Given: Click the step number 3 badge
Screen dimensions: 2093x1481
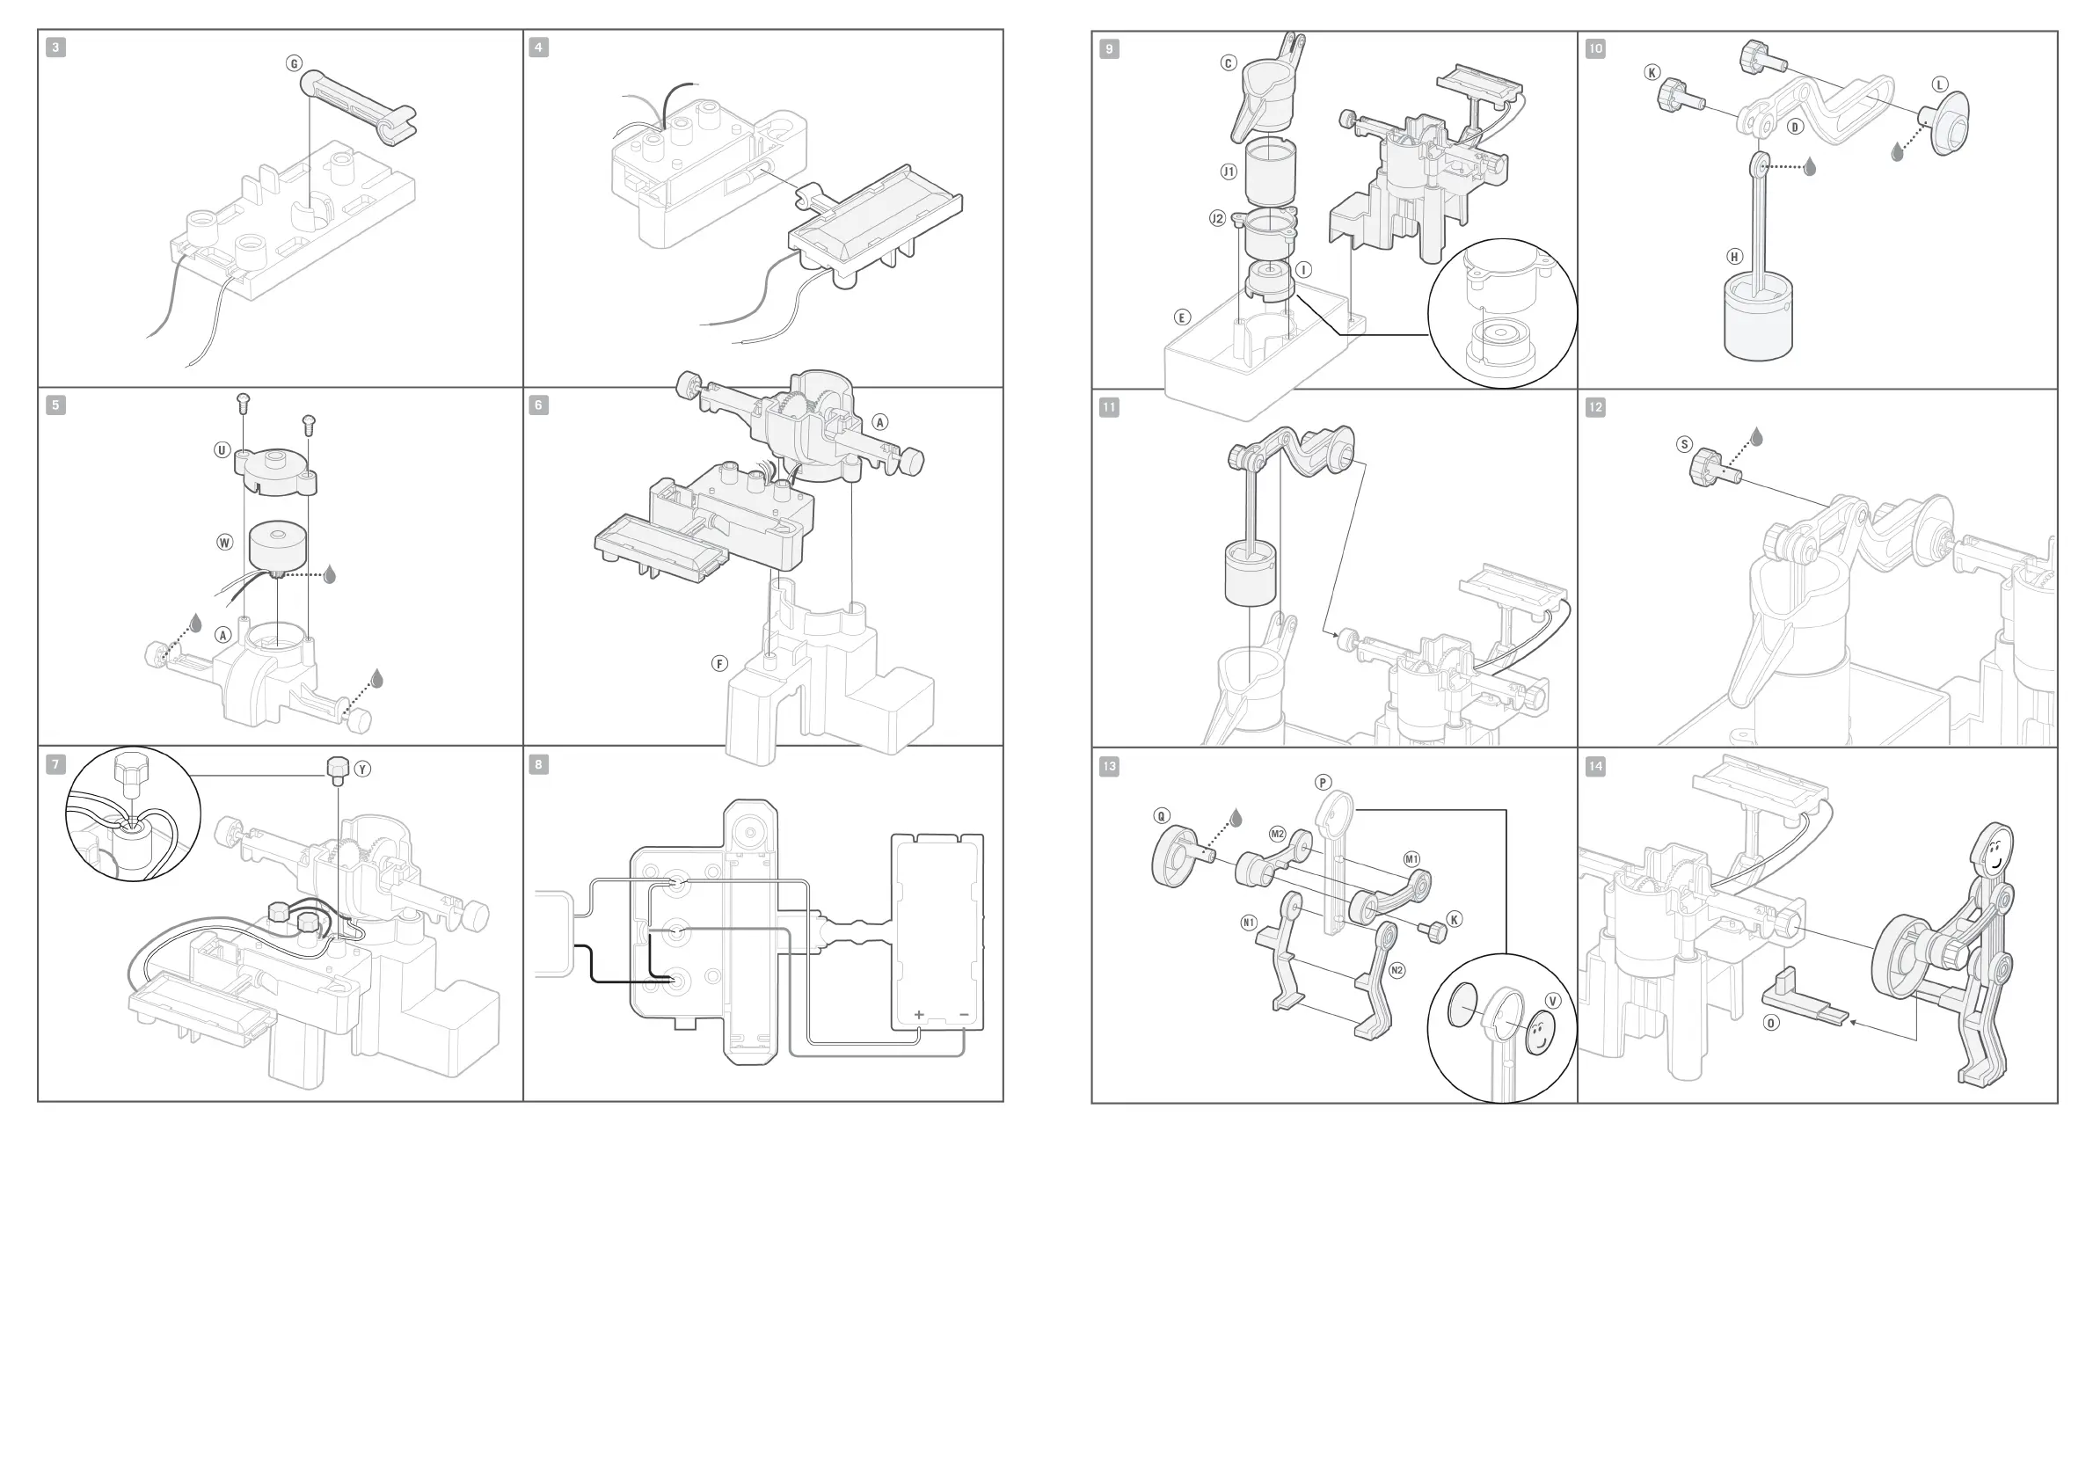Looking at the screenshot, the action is pyautogui.click(x=55, y=47).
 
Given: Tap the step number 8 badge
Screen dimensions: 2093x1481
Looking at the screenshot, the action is pyautogui.click(x=539, y=764).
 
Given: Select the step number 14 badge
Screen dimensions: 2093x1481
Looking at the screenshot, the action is pyautogui.click(x=1595, y=766).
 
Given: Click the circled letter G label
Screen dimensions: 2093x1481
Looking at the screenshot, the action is pyautogui.click(x=294, y=64).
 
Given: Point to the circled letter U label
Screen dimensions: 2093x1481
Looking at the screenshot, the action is pyautogui.click(x=222, y=449).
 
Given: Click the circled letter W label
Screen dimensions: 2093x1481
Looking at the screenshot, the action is pyautogui.click(x=224, y=543).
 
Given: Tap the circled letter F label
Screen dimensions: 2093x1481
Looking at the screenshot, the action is pyautogui.click(x=719, y=664).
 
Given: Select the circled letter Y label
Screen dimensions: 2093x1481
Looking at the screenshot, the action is pyautogui.click(x=362, y=770).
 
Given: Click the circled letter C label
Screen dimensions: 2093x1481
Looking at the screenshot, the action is pyautogui.click(x=1229, y=63).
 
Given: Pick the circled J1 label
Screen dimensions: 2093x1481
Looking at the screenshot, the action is pyautogui.click(x=1229, y=171).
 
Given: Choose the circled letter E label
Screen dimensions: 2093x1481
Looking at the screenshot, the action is pyautogui.click(x=1182, y=317).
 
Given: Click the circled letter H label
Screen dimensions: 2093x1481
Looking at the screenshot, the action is pyautogui.click(x=1734, y=257).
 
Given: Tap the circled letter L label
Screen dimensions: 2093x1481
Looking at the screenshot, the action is pyautogui.click(x=1940, y=84).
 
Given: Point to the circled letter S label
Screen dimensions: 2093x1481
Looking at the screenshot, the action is pyautogui.click(x=1684, y=445).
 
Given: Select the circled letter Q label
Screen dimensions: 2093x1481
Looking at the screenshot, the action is pyautogui.click(x=1161, y=815).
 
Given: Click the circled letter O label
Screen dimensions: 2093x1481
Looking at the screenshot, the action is pyautogui.click(x=1771, y=1023).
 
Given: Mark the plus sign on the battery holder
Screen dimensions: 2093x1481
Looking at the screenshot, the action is pyautogui.click(x=919, y=1015).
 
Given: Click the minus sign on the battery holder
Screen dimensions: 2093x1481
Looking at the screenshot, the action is pyautogui.click(x=964, y=1015).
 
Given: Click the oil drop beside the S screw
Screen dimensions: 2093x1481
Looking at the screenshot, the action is pyautogui.click(x=1757, y=437).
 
